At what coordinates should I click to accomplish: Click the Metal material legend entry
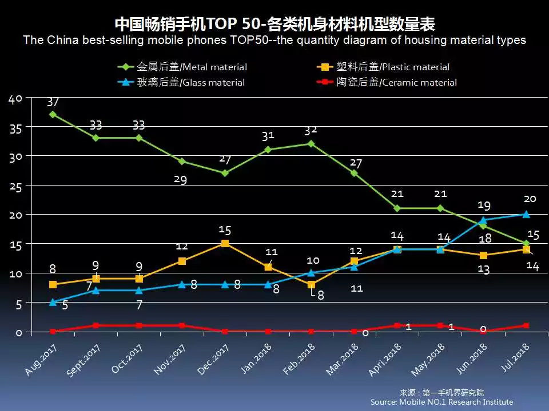tap(183, 67)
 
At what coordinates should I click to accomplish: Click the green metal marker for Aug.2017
tap(53, 114)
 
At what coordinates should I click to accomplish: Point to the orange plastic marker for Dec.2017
tap(225, 243)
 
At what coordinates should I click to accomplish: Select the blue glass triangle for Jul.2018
tap(526, 214)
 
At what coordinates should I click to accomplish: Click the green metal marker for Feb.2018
tap(311, 143)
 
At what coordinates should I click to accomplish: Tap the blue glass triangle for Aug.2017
tap(53, 302)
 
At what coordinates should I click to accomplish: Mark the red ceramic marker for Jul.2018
tap(526, 325)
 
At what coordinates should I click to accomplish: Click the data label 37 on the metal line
tap(53, 102)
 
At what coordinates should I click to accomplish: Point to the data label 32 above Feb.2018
tap(311, 130)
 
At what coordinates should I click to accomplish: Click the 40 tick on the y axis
tap(15, 99)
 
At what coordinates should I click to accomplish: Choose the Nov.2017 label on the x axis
tap(170, 360)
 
